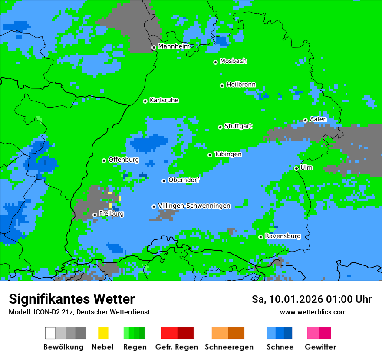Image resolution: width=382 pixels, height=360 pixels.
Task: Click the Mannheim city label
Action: tap(174, 46)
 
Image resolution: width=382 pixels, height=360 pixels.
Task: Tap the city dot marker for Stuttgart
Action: tap(220, 127)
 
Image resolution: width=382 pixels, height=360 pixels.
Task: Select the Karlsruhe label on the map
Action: tap(164, 100)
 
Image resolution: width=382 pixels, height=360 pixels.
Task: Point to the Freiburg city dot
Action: tap(95, 215)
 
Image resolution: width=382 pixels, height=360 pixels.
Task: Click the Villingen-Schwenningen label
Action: tap(194, 206)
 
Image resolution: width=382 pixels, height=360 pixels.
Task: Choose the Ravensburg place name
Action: tap(283, 236)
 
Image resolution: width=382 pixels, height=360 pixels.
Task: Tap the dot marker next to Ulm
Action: tap(296, 168)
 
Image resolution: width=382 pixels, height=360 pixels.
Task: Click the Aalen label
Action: tap(318, 119)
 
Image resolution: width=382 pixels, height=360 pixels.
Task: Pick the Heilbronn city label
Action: tap(241, 85)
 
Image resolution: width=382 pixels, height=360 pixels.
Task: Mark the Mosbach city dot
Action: tap(215, 62)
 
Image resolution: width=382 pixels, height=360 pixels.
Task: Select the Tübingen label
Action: tap(228, 154)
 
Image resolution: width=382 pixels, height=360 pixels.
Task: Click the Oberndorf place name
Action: tap(184, 180)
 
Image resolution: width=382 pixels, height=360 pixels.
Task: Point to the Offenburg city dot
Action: tap(104, 160)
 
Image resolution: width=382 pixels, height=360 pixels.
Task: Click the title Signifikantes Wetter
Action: tap(72, 299)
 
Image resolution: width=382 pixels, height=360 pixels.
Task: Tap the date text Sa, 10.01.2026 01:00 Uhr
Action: tap(311, 299)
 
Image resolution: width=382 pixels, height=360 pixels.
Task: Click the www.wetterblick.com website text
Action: tap(313, 312)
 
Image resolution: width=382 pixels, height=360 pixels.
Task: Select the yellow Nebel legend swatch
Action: tap(103, 333)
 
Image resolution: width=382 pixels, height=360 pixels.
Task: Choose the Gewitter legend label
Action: tap(320, 347)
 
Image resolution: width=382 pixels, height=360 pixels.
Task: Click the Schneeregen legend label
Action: tap(229, 347)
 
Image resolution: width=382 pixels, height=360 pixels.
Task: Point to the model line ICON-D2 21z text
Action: tap(79, 312)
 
